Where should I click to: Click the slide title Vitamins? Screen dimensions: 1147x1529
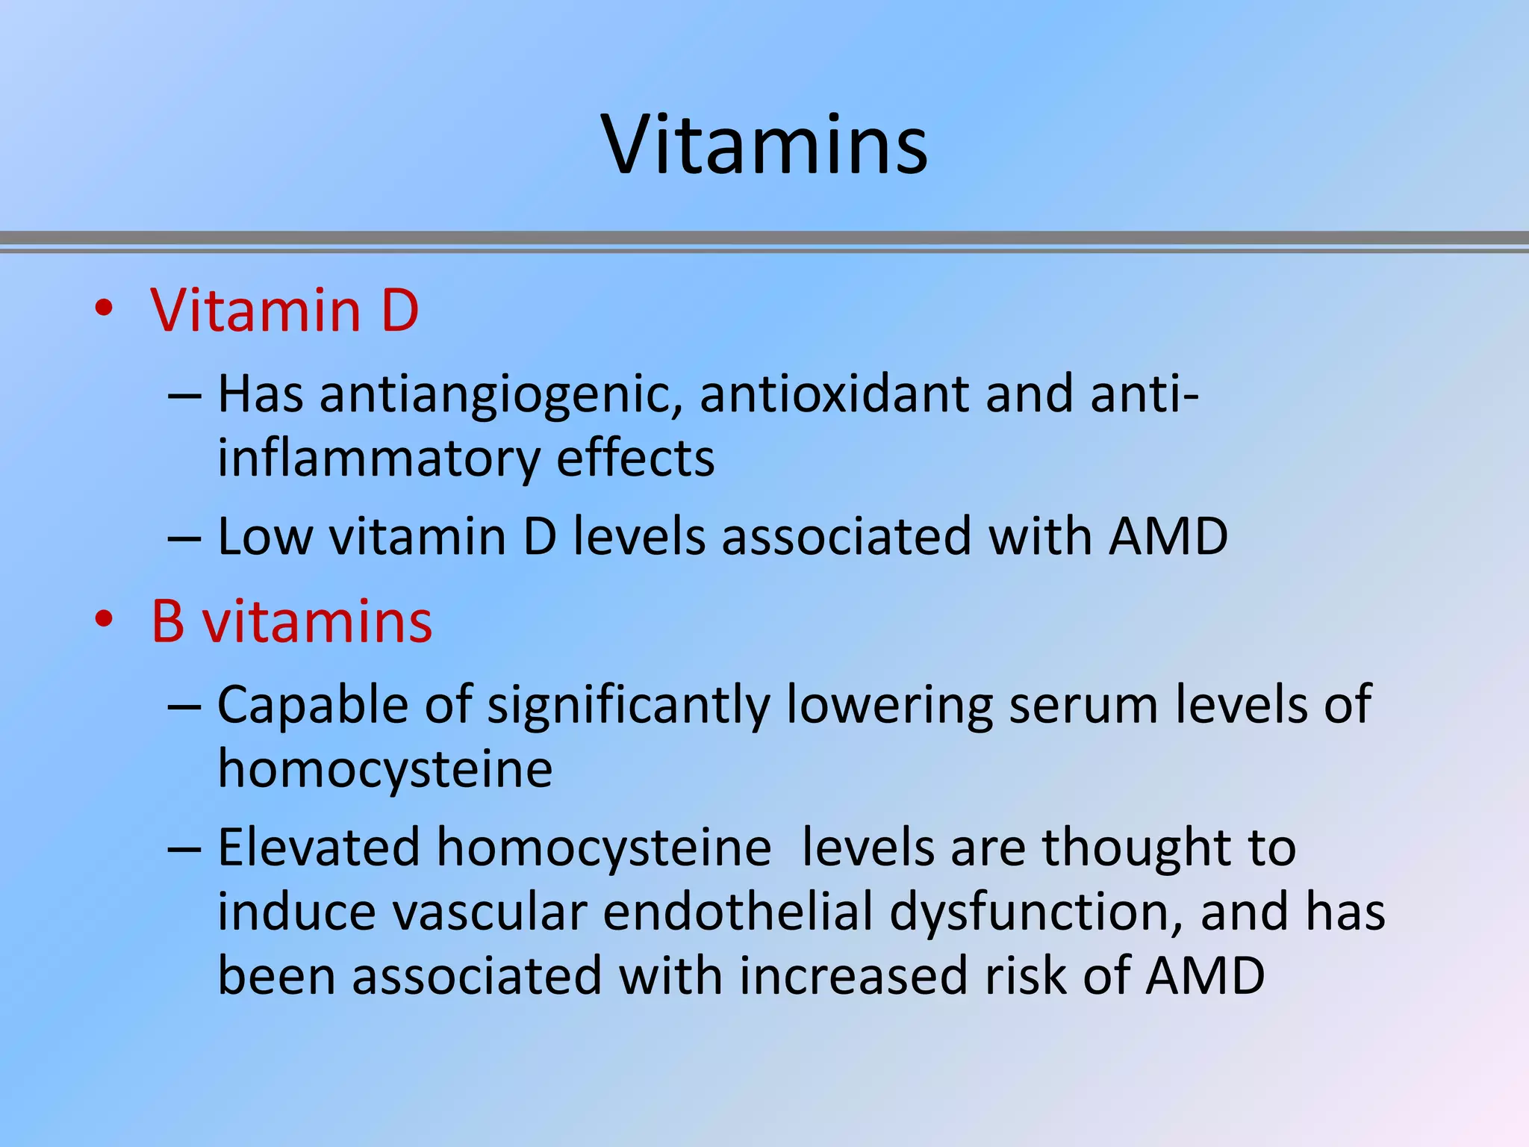click(x=764, y=145)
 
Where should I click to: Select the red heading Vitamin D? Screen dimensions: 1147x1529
click(x=284, y=310)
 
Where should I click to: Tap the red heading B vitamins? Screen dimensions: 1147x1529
click(x=291, y=621)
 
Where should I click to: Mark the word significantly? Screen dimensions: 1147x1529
click(x=628, y=706)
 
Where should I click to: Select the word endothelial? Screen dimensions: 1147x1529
click(x=738, y=912)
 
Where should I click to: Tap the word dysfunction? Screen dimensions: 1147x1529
click(x=1036, y=913)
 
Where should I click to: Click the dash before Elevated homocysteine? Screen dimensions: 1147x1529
click(x=184, y=850)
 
